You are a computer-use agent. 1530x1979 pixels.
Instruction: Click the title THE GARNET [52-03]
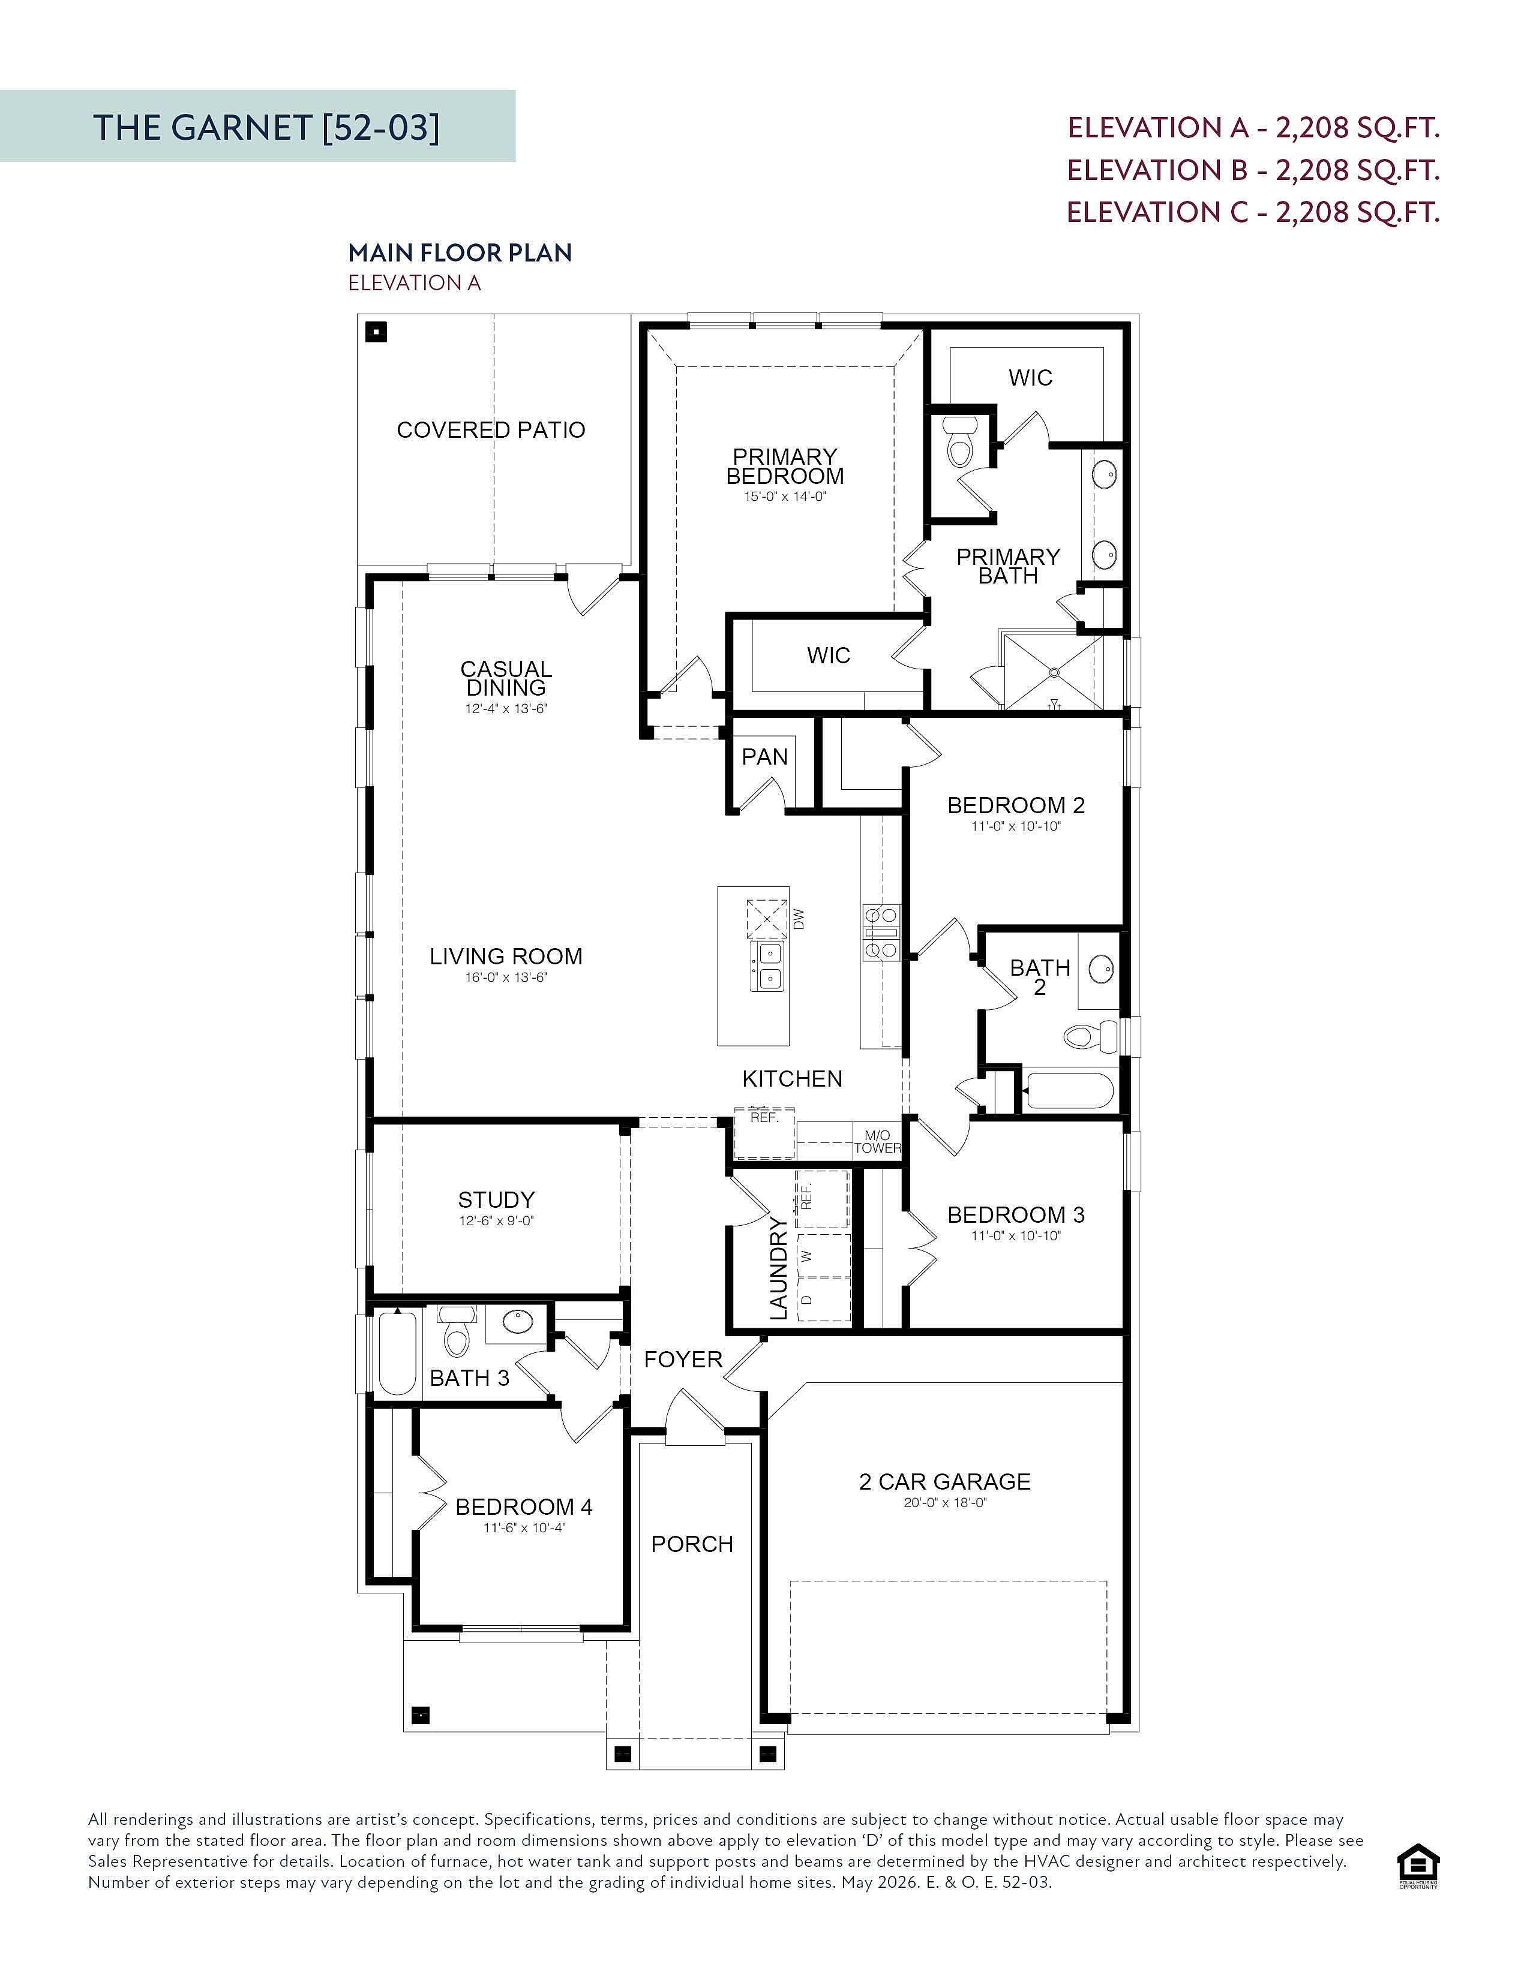pyautogui.click(x=266, y=127)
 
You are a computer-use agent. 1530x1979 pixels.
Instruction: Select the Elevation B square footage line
pyautogui.click(x=1253, y=170)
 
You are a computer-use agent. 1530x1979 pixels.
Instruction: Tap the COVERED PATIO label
pyautogui.click(x=491, y=429)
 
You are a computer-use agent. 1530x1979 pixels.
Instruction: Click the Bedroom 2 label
pyautogui.click(x=1016, y=805)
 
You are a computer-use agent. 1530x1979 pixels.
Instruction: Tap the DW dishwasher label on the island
pyautogui.click(x=799, y=919)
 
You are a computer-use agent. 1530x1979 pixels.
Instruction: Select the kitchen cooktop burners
pyautogui.click(x=880, y=931)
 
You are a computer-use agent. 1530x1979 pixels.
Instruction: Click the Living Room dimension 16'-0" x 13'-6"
pyautogui.click(x=506, y=978)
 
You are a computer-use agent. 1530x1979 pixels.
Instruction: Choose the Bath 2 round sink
pyautogui.click(x=1101, y=969)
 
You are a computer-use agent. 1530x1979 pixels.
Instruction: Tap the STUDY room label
pyautogui.click(x=496, y=1200)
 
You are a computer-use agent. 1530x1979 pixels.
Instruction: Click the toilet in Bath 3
pyautogui.click(x=456, y=1332)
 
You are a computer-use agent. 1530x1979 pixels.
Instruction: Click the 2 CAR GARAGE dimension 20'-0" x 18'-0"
pyautogui.click(x=944, y=1502)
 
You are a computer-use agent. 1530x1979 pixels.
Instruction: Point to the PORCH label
pyautogui.click(x=692, y=1544)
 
